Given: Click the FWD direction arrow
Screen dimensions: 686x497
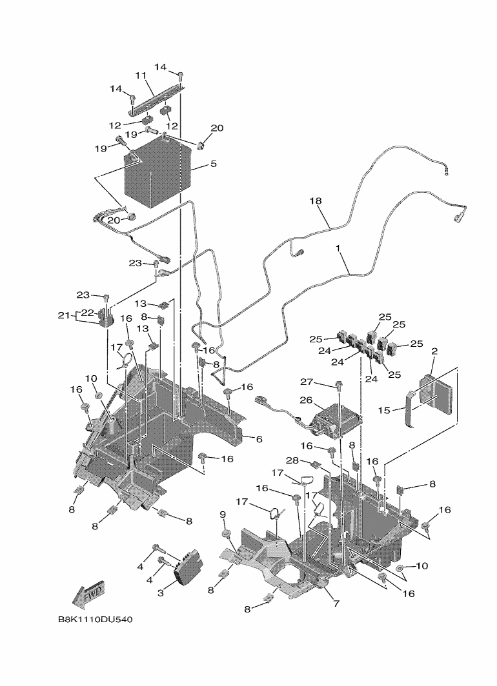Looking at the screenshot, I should pyautogui.click(x=87, y=596).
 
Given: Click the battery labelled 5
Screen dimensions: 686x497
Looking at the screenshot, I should pyautogui.click(x=157, y=175).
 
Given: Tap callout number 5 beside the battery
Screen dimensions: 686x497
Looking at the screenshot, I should pyautogui.click(x=213, y=164).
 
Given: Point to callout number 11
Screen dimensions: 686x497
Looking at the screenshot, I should pyautogui.click(x=140, y=76).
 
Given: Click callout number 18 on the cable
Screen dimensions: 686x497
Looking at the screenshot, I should pyautogui.click(x=315, y=202).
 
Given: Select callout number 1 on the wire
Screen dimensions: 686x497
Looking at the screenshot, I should pyautogui.click(x=338, y=248).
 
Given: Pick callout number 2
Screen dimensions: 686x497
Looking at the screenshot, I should pyautogui.click(x=434, y=351).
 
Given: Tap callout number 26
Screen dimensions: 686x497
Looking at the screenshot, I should pyautogui.click(x=306, y=400).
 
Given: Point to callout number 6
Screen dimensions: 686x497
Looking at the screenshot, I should pyautogui.click(x=258, y=439).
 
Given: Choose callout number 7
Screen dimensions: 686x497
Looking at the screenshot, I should pyautogui.click(x=336, y=603).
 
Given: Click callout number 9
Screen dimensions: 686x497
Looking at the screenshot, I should pyautogui.click(x=223, y=514).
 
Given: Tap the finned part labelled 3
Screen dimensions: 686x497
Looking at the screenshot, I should pyautogui.click(x=188, y=565).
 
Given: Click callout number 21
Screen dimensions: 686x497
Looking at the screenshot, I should pyautogui.click(x=63, y=315).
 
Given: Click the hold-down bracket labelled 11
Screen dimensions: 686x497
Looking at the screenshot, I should pyautogui.click(x=157, y=94).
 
